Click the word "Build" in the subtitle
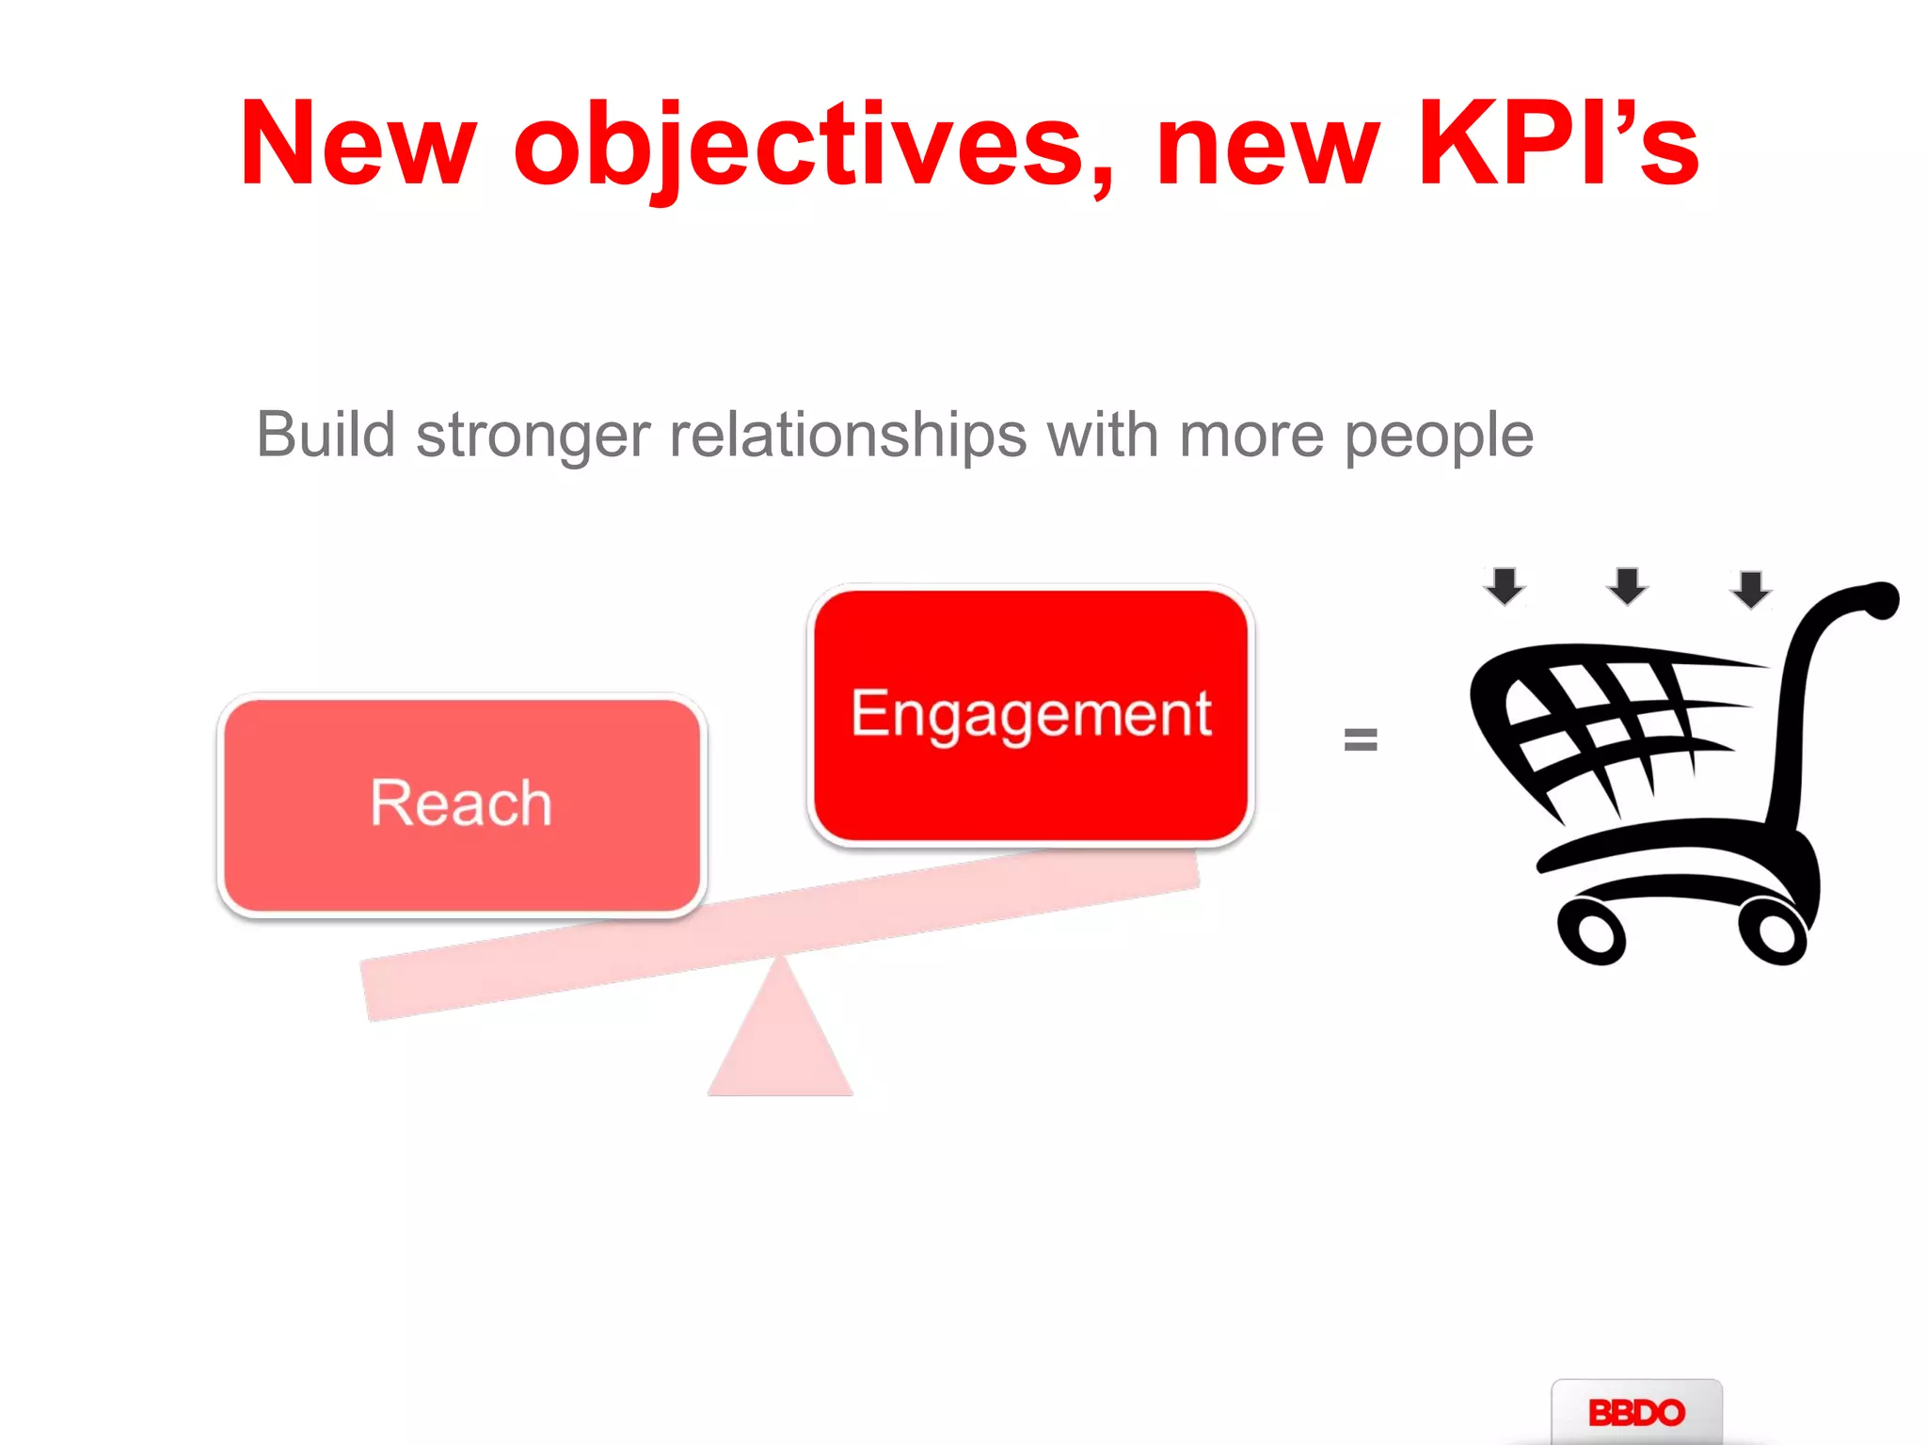tap(326, 435)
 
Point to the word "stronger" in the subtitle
tap(533, 437)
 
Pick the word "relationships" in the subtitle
tap(848, 437)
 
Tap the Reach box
tap(461, 804)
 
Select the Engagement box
tap(1031, 715)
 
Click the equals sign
tap(1361, 739)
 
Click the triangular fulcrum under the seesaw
tap(780, 1044)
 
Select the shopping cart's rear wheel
tap(1773, 931)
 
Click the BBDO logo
tap(1636, 1412)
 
